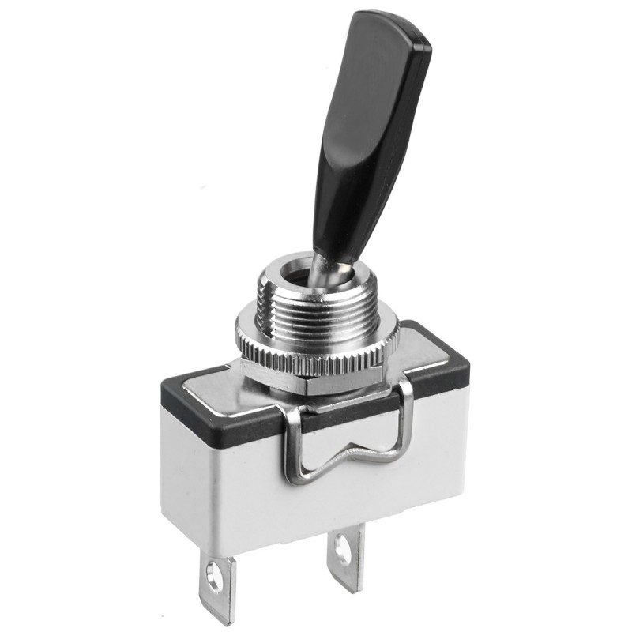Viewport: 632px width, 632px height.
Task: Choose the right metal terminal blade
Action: [345, 557]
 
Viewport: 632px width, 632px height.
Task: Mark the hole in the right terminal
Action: [343, 551]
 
